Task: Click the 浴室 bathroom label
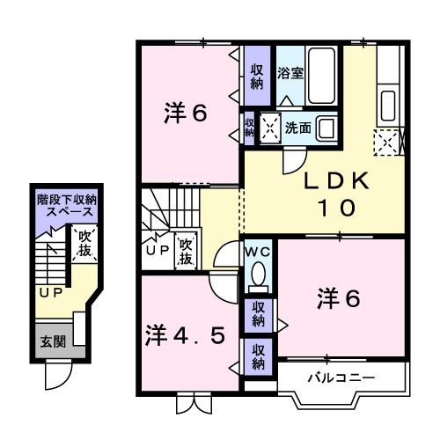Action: click(x=290, y=73)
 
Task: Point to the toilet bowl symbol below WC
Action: click(x=258, y=277)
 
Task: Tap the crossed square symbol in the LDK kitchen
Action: click(x=386, y=141)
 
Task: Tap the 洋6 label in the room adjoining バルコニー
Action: click(x=339, y=299)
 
